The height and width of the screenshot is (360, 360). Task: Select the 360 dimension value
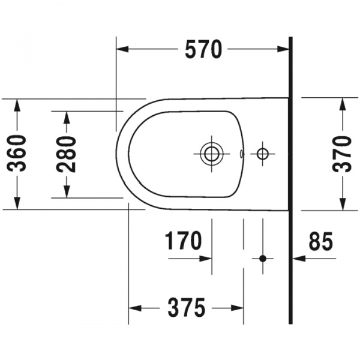(x=19, y=154)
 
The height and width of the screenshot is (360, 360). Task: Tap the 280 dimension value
(x=67, y=154)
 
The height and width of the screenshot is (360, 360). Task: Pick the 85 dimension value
(x=320, y=242)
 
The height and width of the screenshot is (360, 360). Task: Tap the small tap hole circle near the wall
(x=262, y=154)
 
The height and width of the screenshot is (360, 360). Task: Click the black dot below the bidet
(x=262, y=259)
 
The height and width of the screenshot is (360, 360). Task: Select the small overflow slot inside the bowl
(x=241, y=154)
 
